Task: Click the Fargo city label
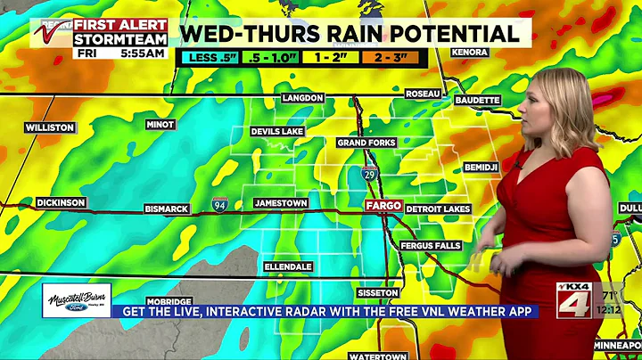[x=383, y=206]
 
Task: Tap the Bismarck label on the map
[x=167, y=209]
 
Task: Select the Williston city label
[x=50, y=127]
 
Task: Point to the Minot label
[x=160, y=125]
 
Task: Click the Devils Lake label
[x=278, y=132]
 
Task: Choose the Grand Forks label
[x=366, y=143]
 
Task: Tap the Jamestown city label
[x=281, y=203]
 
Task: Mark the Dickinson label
[x=62, y=203]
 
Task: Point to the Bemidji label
[x=481, y=167]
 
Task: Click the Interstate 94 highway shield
[x=220, y=207]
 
